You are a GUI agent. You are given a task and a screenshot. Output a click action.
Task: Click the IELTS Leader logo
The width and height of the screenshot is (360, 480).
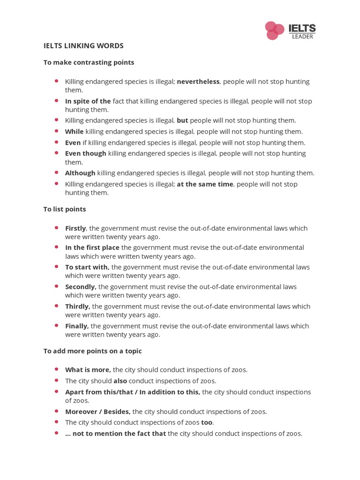(290, 30)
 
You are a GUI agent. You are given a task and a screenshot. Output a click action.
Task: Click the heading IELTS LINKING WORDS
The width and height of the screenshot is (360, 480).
(83, 46)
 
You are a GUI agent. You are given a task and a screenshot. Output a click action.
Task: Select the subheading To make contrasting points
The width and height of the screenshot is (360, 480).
(89, 62)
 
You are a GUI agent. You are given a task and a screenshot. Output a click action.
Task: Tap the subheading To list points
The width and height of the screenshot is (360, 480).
(65, 209)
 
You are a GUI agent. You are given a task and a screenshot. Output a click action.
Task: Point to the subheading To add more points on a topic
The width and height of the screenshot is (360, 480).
(92, 351)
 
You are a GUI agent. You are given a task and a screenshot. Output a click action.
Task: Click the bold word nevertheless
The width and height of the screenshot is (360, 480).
(198, 82)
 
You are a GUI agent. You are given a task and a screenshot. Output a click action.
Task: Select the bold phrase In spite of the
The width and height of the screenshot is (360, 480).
(88, 101)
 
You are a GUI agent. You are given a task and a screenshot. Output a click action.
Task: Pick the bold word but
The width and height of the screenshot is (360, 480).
(182, 120)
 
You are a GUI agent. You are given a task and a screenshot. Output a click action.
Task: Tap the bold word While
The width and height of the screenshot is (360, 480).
(74, 132)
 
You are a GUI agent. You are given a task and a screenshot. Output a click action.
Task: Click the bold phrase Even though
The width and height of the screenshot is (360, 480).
(86, 153)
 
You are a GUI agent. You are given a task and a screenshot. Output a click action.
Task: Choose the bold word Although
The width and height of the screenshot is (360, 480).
(80, 173)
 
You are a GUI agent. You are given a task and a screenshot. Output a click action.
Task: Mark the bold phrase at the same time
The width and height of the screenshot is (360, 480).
(205, 184)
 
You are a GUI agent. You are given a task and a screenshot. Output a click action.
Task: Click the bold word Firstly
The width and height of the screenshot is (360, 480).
(75, 228)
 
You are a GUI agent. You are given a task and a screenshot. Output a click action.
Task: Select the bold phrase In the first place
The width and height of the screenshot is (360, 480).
(92, 247)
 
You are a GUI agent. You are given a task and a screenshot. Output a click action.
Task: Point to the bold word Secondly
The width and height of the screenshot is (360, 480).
(81, 286)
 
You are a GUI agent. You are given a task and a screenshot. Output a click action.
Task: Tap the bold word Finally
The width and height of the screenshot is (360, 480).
(77, 326)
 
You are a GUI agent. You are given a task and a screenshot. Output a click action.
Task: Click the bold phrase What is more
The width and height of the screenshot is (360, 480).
(88, 370)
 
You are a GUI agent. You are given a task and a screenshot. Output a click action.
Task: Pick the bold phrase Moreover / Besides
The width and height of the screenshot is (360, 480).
(98, 412)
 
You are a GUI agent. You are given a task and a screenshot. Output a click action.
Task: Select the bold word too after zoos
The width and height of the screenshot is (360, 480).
(207, 422)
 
